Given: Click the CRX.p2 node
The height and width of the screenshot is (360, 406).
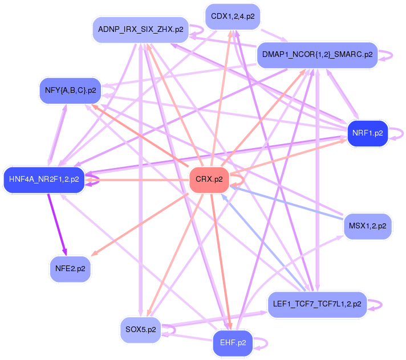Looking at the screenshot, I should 209,180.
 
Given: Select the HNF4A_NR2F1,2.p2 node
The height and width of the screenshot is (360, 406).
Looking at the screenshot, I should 44,180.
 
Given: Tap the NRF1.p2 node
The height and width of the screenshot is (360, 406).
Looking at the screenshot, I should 367,133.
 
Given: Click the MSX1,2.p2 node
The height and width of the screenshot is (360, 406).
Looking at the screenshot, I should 367,226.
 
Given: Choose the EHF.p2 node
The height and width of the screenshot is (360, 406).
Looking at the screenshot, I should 233,343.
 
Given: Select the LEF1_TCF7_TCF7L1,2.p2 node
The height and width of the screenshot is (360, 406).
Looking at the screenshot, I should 318,304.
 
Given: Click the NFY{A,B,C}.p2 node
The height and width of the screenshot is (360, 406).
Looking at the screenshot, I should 70,91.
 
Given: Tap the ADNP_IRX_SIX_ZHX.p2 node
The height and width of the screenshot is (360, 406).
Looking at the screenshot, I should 140,30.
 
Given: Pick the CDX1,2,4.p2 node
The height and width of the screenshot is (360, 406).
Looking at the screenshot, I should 233,17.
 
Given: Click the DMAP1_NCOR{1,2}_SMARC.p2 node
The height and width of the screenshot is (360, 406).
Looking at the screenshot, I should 318,55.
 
